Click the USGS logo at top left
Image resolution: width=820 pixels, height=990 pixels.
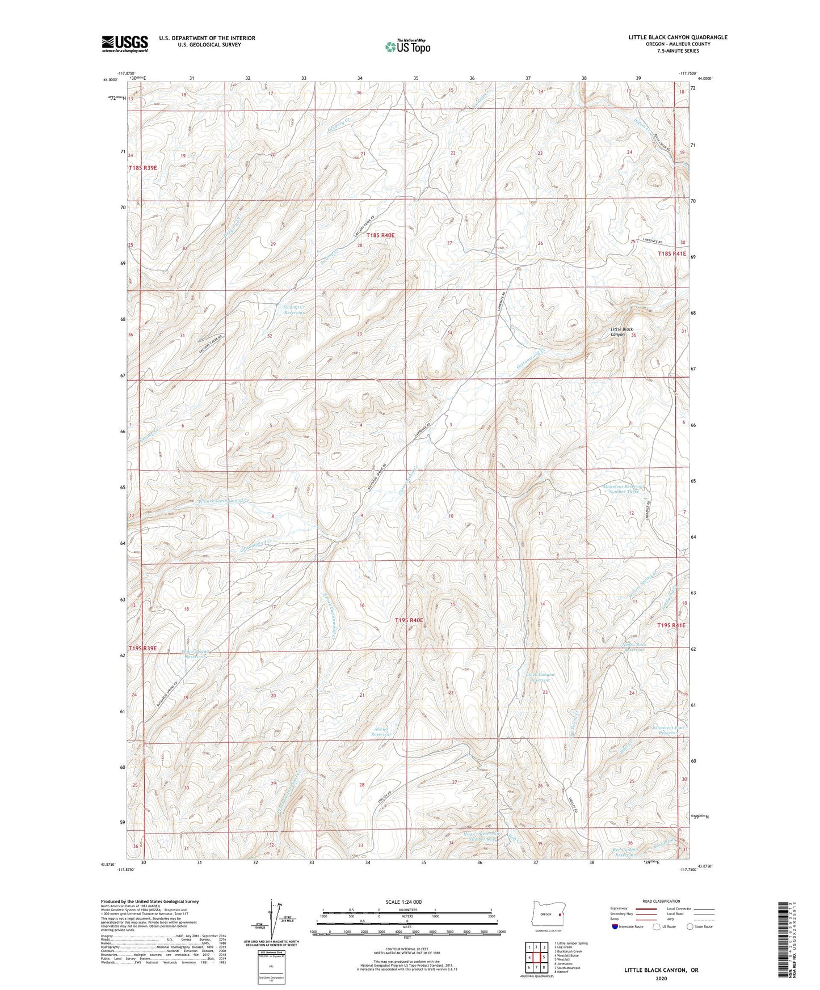[125, 43]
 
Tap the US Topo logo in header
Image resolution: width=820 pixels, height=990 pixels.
[407, 46]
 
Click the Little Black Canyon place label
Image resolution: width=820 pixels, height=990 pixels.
[622, 332]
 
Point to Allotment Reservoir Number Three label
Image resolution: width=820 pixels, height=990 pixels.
[625, 489]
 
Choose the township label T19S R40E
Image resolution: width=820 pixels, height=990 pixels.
[409, 620]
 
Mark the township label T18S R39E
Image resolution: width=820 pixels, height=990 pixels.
[142, 168]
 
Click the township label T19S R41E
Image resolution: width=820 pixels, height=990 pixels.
[671, 625]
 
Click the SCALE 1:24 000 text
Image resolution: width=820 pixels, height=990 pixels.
[407, 902]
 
